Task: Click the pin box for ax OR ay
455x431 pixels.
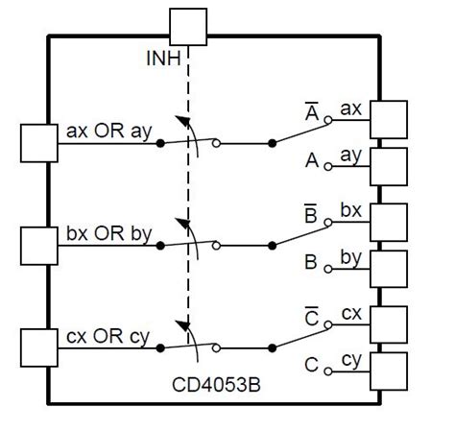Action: pyautogui.click(x=39, y=143)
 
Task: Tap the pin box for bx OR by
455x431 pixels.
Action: pyautogui.click(x=39, y=246)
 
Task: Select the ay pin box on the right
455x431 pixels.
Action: pyautogui.click(x=389, y=166)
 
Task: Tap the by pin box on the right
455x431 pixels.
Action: pyautogui.click(x=389, y=268)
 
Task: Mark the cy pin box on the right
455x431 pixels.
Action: pyautogui.click(x=389, y=370)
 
